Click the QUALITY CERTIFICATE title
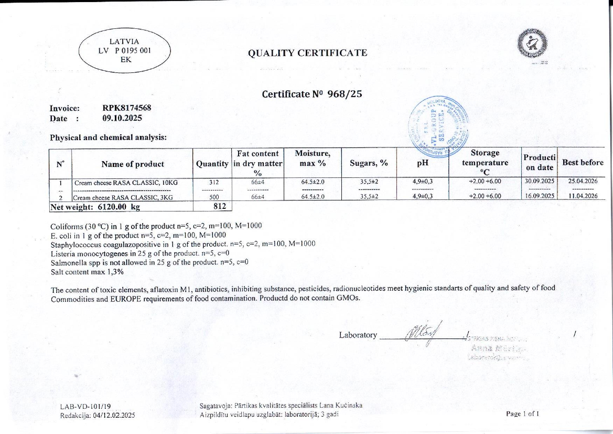(x=307, y=53)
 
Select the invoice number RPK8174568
(x=127, y=108)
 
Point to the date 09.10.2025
(x=122, y=118)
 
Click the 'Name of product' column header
(x=133, y=164)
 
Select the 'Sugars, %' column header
(x=369, y=163)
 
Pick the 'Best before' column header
(x=583, y=163)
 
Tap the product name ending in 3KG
(x=123, y=197)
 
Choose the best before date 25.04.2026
(x=583, y=181)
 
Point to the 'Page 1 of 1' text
(x=522, y=414)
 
